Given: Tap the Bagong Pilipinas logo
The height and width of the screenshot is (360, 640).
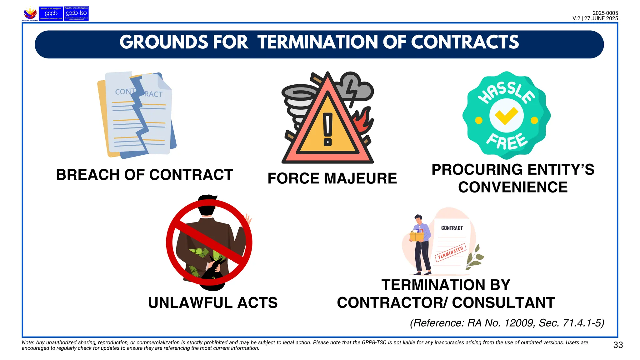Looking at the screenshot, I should click(x=30, y=14).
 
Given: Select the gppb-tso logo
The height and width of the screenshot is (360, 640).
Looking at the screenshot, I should click(x=76, y=14).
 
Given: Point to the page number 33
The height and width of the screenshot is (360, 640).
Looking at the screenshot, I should click(x=618, y=345).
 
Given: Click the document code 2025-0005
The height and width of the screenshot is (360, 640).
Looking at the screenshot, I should click(x=605, y=13).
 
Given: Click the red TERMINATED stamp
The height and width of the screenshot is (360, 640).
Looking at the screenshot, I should click(x=451, y=252).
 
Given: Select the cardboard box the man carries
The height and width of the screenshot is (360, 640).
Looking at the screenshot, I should click(x=417, y=236).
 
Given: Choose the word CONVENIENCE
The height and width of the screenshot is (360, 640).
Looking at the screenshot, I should click(x=513, y=187).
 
